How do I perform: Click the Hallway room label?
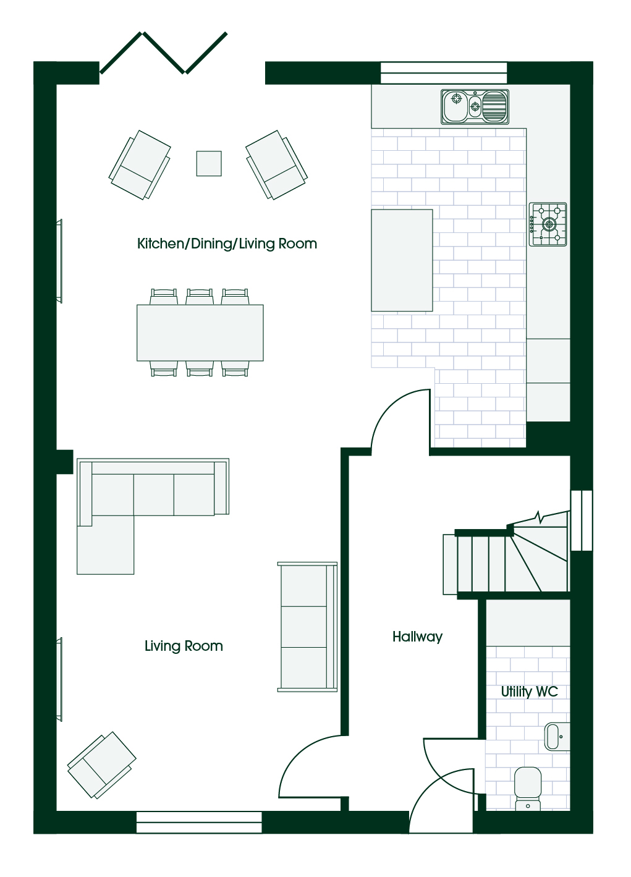[417, 637]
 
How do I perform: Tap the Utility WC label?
[529, 692]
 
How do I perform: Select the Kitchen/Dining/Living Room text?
[227, 244]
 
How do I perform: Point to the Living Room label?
[184, 646]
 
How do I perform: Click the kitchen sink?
[475, 107]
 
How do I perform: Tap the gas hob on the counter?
[548, 224]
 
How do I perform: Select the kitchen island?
[402, 260]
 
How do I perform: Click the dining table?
[200, 333]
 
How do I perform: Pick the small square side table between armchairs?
[209, 164]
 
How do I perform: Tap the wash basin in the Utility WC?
[557, 737]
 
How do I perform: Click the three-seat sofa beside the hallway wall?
[307, 627]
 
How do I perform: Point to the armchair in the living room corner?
[101, 765]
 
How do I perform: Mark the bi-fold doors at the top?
[163, 53]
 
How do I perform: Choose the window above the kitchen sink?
[444, 73]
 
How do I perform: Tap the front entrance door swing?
[441, 800]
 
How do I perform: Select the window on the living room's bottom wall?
[199, 822]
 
